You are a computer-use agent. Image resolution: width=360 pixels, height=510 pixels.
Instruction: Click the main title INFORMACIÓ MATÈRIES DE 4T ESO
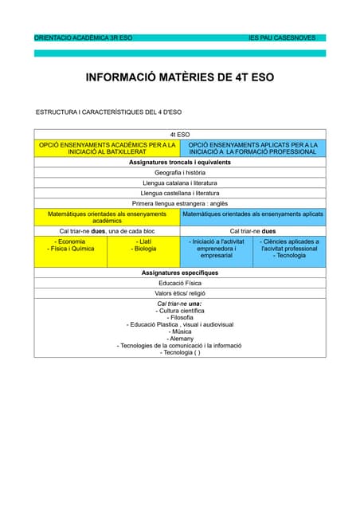point(179,79)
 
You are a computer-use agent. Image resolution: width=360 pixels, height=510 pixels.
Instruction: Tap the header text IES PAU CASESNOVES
point(282,37)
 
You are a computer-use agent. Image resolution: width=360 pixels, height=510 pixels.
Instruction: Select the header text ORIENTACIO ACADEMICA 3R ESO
point(84,37)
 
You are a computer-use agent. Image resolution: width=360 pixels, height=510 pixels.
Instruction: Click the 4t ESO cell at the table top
point(179,135)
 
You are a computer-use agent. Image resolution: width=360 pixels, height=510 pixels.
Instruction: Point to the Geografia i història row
point(179,172)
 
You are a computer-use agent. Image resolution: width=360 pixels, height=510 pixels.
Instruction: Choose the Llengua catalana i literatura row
point(179,182)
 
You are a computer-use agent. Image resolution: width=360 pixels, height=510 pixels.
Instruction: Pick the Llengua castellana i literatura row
point(179,193)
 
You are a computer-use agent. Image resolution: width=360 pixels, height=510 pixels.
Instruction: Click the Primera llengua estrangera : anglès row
point(179,203)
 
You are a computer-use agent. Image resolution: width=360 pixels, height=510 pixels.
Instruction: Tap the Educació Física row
point(179,283)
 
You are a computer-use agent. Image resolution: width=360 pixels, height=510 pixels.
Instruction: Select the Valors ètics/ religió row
point(179,293)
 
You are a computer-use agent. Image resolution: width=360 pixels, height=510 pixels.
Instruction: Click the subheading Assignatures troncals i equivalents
point(179,162)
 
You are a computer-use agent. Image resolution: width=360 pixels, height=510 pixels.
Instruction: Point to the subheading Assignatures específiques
point(179,273)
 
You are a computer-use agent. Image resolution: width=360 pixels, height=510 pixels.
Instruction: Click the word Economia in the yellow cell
point(71,241)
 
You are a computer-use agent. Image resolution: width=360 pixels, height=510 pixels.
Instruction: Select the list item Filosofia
point(180,317)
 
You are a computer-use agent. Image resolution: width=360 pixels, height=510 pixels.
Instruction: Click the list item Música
point(180,331)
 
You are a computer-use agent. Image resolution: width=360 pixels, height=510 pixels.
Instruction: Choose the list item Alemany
point(180,339)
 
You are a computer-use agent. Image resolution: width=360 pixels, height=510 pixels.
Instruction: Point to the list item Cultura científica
point(180,310)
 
